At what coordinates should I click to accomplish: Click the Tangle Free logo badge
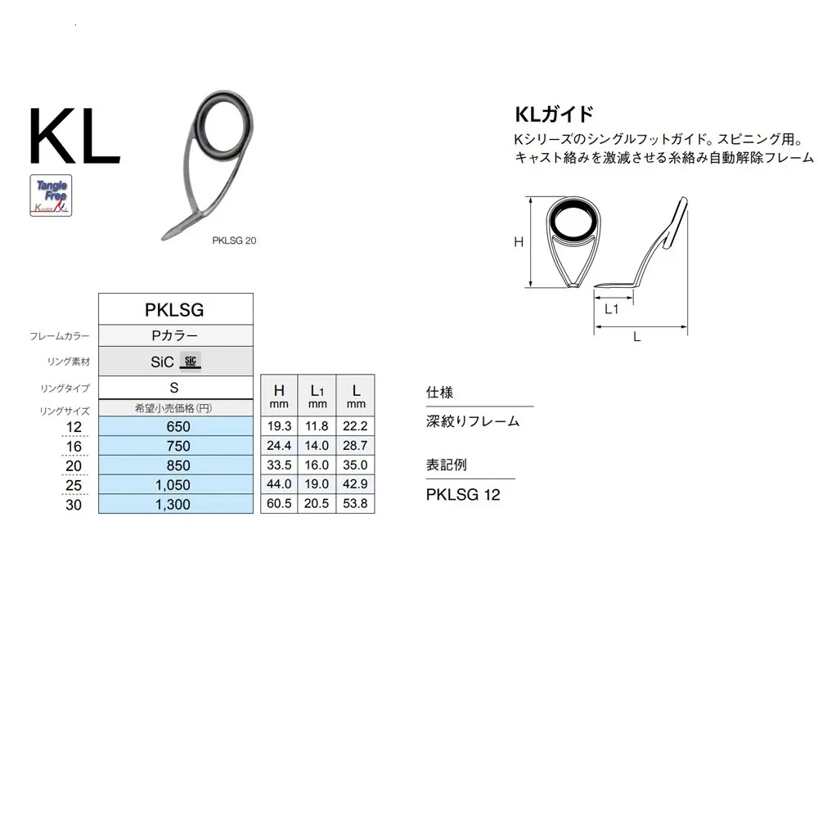tap(51, 196)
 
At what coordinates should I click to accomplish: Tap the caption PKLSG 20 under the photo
tap(234, 240)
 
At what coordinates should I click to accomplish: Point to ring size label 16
tap(74, 447)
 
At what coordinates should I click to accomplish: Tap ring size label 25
tap(74, 485)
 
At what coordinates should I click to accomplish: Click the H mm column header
tap(279, 395)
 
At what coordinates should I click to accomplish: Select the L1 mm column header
tap(317, 395)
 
